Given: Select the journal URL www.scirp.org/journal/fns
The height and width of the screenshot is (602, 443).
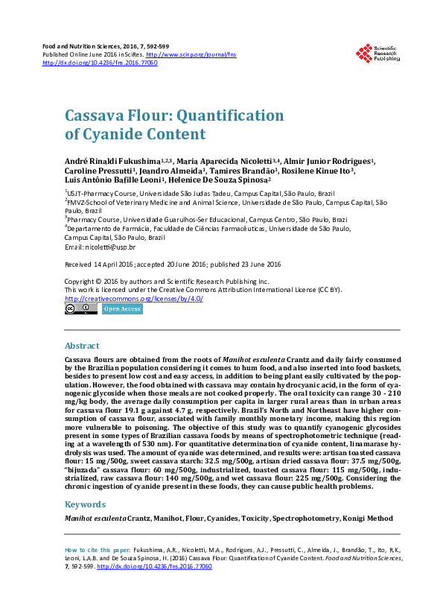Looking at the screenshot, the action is (x=181, y=54).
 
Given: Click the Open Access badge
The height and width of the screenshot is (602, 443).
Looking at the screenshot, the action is (x=122, y=308).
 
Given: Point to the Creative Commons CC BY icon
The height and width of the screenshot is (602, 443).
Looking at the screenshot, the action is (x=81, y=308).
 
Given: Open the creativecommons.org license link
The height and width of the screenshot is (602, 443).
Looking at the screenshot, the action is (x=134, y=298).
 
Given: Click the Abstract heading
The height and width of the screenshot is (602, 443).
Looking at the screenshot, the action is (x=82, y=346).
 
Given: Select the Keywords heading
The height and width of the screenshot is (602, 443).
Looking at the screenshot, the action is (x=86, y=504).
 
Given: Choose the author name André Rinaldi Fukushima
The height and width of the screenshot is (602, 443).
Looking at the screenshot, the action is (x=112, y=160).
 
